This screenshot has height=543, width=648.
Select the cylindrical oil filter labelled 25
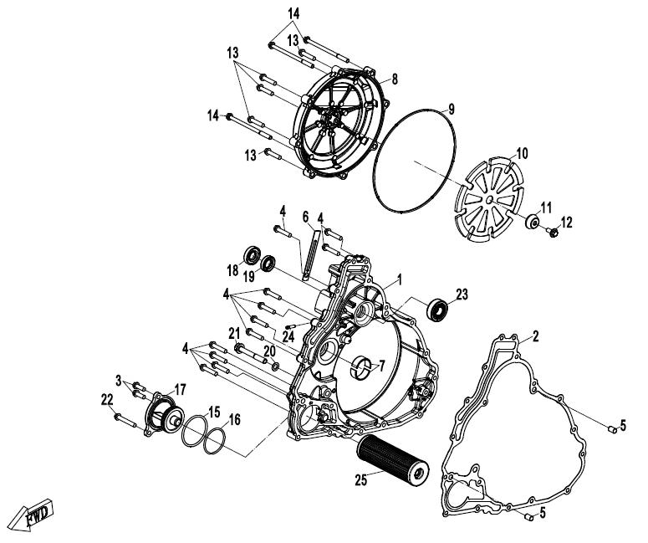click(x=393, y=458)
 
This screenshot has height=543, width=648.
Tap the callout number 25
click(x=360, y=479)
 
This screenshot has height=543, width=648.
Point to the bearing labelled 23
click(x=437, y=309)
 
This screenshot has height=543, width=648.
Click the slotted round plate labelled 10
click(x=488, y=199)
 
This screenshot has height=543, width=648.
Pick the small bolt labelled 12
click(x=552, y=233)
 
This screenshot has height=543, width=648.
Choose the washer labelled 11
click(x=533, y=222)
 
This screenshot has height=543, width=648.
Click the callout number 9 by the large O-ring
click(x=452, y=109)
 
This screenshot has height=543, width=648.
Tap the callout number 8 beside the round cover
click(x=395, y=79)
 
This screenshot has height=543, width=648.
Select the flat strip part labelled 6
click(x=311, y=255)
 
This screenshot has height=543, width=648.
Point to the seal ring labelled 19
click(x=268, y=264)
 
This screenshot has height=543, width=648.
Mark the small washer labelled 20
click(x=275, y=366)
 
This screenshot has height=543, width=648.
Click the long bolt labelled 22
click(x=125, y=420)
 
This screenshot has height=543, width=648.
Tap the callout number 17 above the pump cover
click(x=180, y=389)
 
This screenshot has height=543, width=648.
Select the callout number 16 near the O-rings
click(x=234, y=419)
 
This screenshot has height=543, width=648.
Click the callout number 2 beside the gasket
click(x=536, y=336)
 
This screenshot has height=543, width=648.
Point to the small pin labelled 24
click(x=292, y=326)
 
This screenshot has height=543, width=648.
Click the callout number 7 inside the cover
click(x=381, y=366)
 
